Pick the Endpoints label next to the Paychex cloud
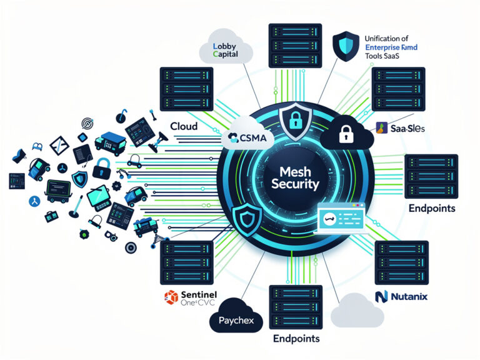(296, 338)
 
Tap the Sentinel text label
(197, 293)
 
